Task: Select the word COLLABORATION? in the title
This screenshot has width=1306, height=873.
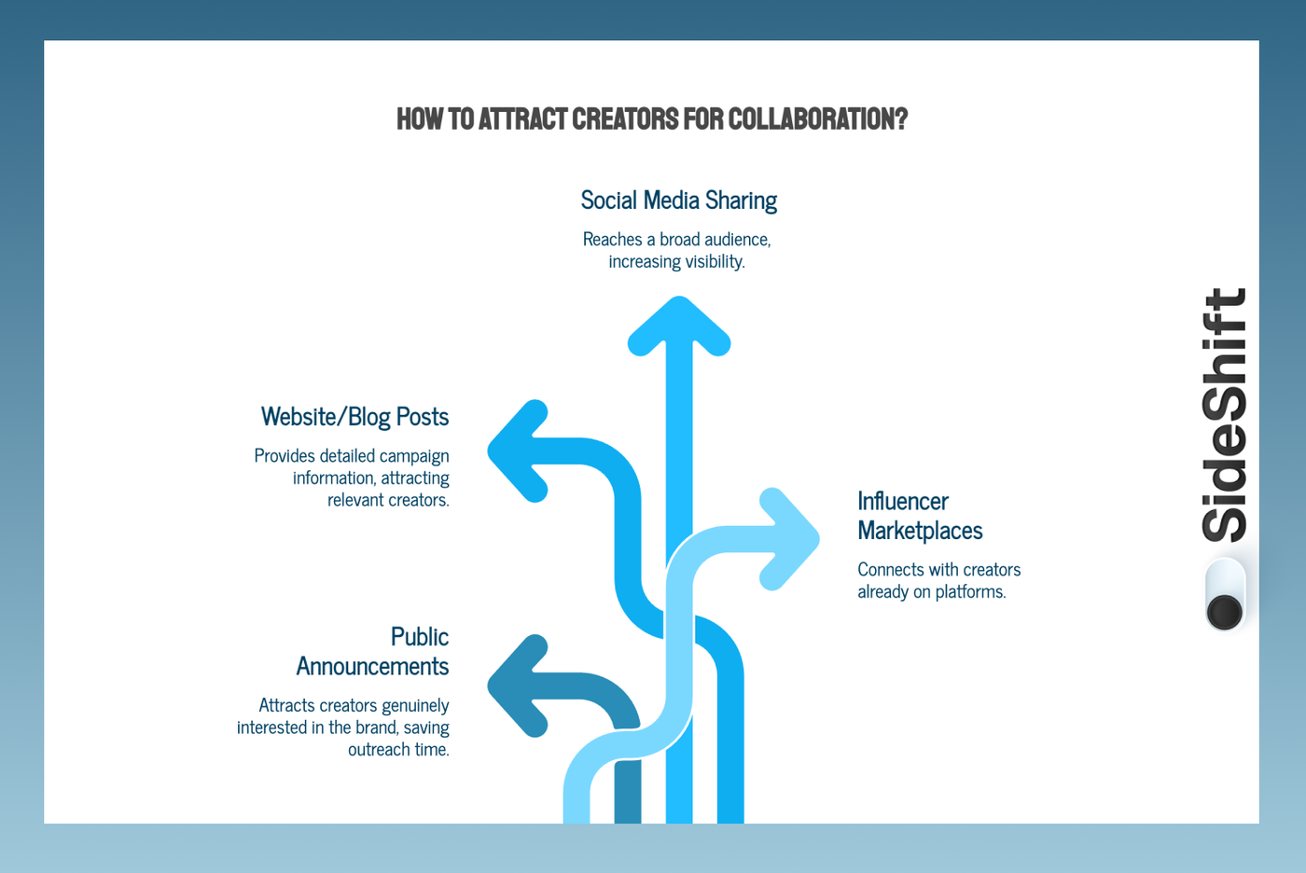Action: pyautogui.click(x=817, y=119)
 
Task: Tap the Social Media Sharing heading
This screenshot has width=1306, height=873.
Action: pyautogui.click(x=678, y=201)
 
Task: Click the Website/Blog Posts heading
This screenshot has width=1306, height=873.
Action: pyautogui.click(x=354, y=417)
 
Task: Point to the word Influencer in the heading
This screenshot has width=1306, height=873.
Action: pyautogui.click(x=902, y=501)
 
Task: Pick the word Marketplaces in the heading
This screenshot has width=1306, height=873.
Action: pyautogui.click(x=920, y=531)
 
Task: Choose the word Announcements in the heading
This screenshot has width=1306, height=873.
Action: pyautogui.click(x=372, y=666)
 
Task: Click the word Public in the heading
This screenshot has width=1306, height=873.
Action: pyautogui.click(x=419, y=637)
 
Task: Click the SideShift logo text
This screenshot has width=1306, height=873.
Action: pyautogui.click(x=1224, y=415)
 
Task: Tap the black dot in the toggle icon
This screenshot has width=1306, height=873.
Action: pyautogui.click(x=1224, y=612)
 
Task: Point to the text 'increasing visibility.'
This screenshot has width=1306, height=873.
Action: pyautogui.click(x=676, y=262)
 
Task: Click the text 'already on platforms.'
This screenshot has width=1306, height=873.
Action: pyautogui.click(x=931, y=592)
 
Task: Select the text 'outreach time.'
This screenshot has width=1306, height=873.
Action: pyautogui.click(x=398, y=750)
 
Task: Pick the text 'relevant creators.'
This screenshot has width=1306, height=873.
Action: pyautogui.click(x=388, y=500)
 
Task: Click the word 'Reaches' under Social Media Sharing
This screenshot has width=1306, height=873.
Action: pyautogui.click(x=612, y=240)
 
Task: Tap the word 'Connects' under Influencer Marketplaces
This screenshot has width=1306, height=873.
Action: pyautogui.click(x=888, y=570)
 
